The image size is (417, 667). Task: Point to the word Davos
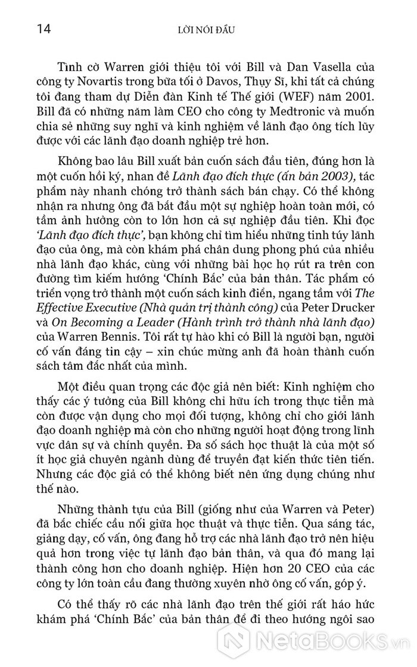pos(257,83)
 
